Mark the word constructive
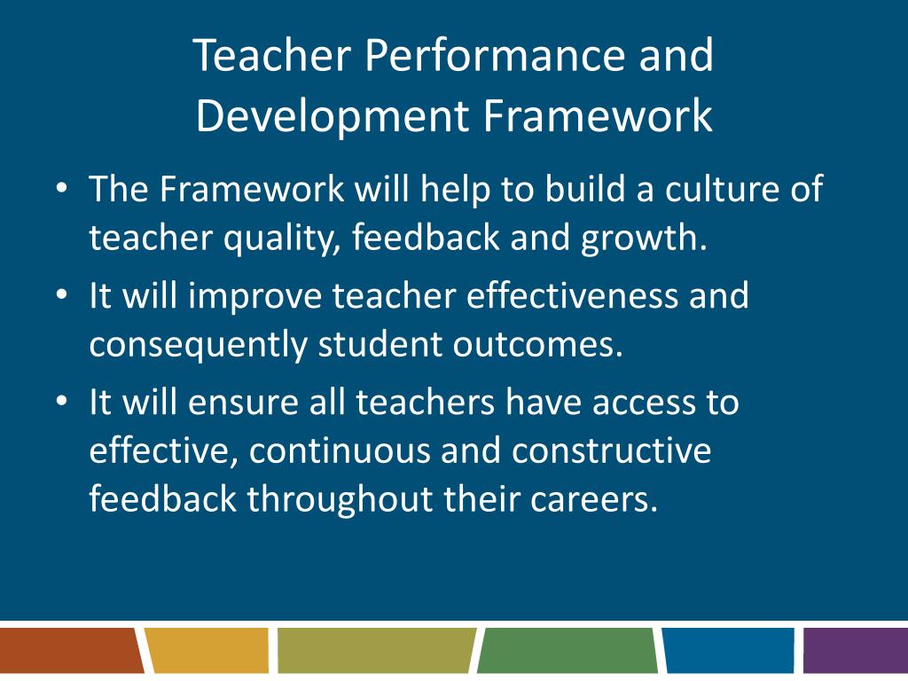coord(612,451)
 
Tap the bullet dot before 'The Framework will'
coord(61,190)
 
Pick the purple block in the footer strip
coord(856,650)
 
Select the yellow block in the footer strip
coord(207,650)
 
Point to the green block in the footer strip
coord(567,650)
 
